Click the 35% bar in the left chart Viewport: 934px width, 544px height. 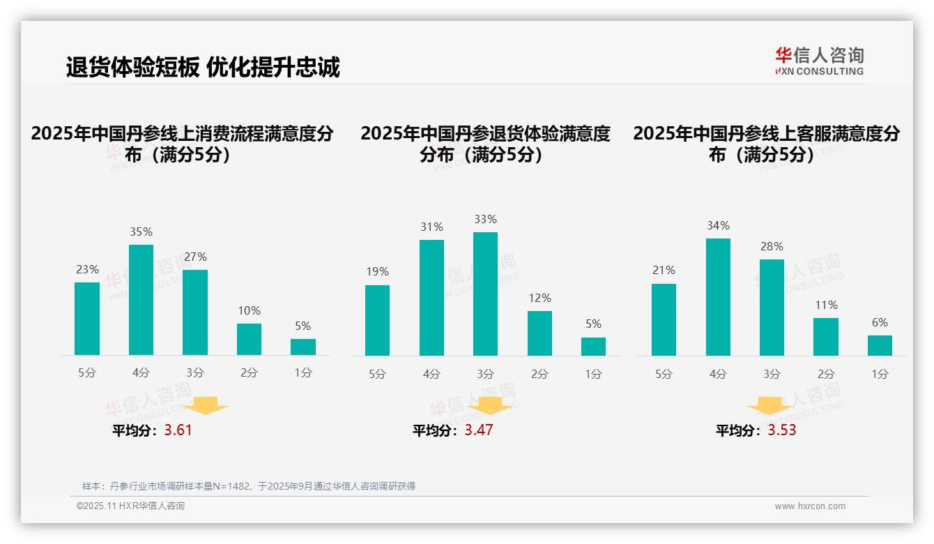(x=141, y=300)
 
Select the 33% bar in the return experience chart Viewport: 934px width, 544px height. (x=485, y=294)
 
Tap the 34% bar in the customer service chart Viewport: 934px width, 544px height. (x=718, y=297)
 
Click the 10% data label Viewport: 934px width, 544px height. (x=249, y=310)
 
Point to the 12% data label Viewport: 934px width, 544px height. (x=539, y=298)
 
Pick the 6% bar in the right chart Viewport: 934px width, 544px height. (x=880, y=345)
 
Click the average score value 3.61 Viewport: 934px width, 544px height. (x=178, y=430)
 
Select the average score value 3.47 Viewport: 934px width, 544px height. (x=479, y=430)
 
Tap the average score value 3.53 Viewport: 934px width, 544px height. (x=782, y=430)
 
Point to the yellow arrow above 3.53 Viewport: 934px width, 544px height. (x=770, y=406)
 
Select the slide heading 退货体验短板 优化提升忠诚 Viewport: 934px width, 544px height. (x=203, y=68)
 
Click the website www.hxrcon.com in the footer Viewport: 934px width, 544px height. (x=810, y=506)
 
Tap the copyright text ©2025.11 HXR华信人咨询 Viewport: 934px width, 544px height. (x=130, y=506)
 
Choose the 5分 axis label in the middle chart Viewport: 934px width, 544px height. (x=377, y=375)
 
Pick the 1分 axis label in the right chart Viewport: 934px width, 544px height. (x=880, y=375)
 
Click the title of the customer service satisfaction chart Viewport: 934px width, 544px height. (x=766, y=144)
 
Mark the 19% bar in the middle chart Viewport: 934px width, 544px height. (x=377, y=320)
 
